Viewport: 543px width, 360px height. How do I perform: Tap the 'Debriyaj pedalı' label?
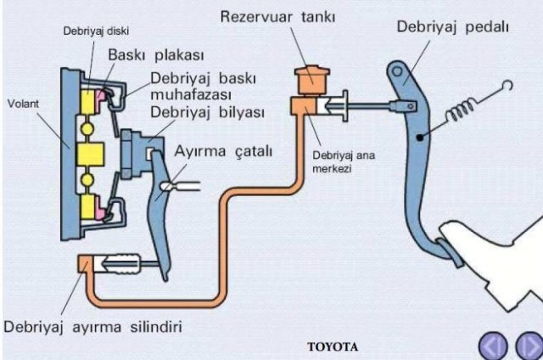click(452, 27)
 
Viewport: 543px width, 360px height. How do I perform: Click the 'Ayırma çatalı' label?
click(223, 152)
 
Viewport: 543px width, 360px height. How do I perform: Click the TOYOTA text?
click(333, 346)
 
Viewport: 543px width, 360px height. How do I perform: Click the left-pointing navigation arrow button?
click(494, 346)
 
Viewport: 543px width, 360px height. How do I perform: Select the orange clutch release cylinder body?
click(88, 264)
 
